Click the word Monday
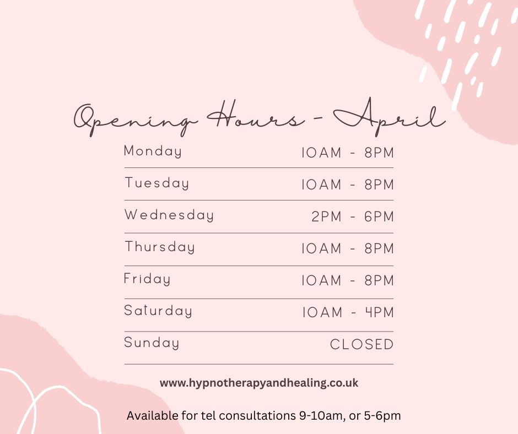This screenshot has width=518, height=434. [x=153, y=151]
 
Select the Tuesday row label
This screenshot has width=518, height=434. [x=157, y=183]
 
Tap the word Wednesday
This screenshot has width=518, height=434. [x=169, y=215]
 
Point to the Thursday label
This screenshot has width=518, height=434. [x=160, y=247]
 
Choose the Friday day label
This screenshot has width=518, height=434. [x=147, y=279]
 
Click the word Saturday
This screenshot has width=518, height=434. [x=158, y=311]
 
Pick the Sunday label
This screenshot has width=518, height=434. [x=152, y=343]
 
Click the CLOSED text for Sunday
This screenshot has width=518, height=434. [x=361, y=344]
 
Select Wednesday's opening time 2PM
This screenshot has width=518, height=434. [x=326, y=216]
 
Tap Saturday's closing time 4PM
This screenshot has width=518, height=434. [x=380, y=312]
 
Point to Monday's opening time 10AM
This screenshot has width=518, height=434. [x=321, y=153]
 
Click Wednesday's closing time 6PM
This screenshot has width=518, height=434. [x=379, y=216]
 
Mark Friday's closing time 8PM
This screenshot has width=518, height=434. [x=379, y=280]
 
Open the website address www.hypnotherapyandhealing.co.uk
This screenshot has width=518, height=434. [x=259, y=383]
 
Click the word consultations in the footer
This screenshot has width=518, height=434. [x=257, y=415]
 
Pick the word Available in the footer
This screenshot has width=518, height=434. [x=153, y=415]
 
